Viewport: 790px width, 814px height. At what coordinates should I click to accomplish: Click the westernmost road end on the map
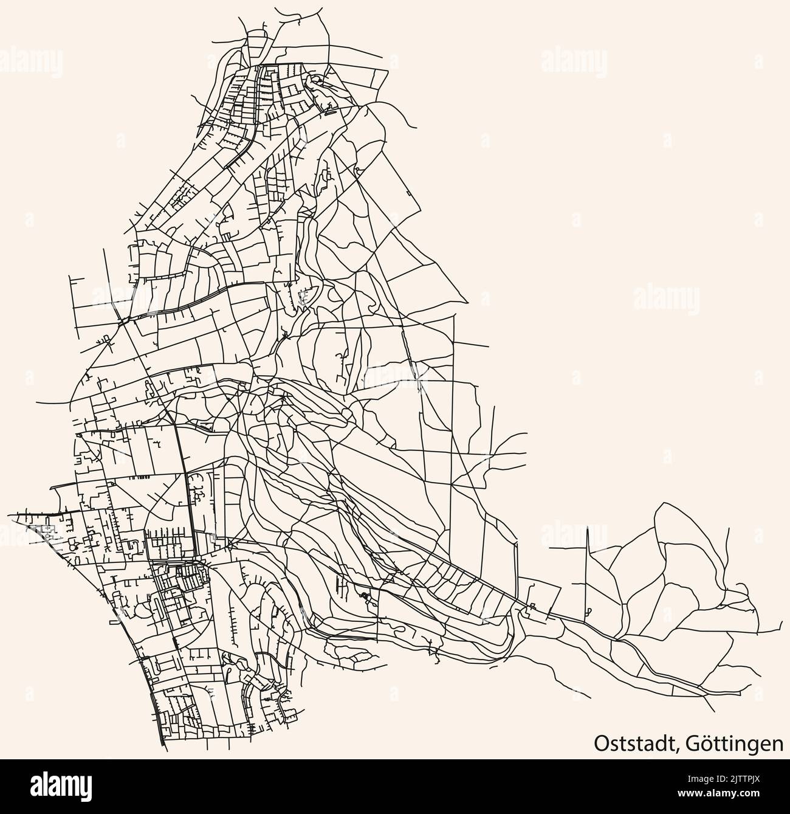click(x=9, y=514)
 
